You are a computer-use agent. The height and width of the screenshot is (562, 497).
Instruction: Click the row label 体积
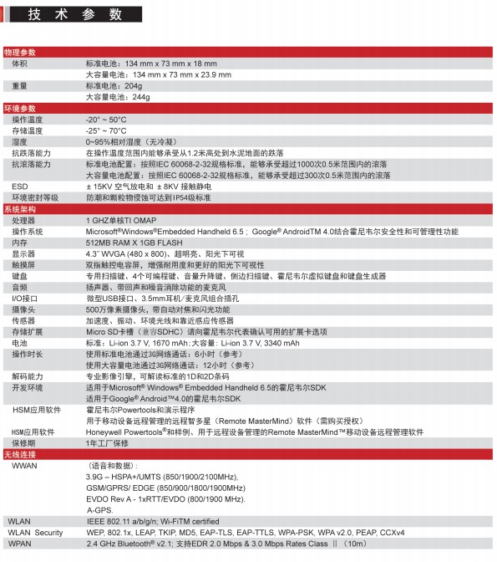(x=19, y=63)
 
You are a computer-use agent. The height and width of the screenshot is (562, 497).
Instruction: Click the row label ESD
(x=18, y=186)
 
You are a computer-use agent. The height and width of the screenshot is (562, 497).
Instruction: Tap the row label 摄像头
(x=23, y=309)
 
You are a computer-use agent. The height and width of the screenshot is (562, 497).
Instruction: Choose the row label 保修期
(x=23, y=443)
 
